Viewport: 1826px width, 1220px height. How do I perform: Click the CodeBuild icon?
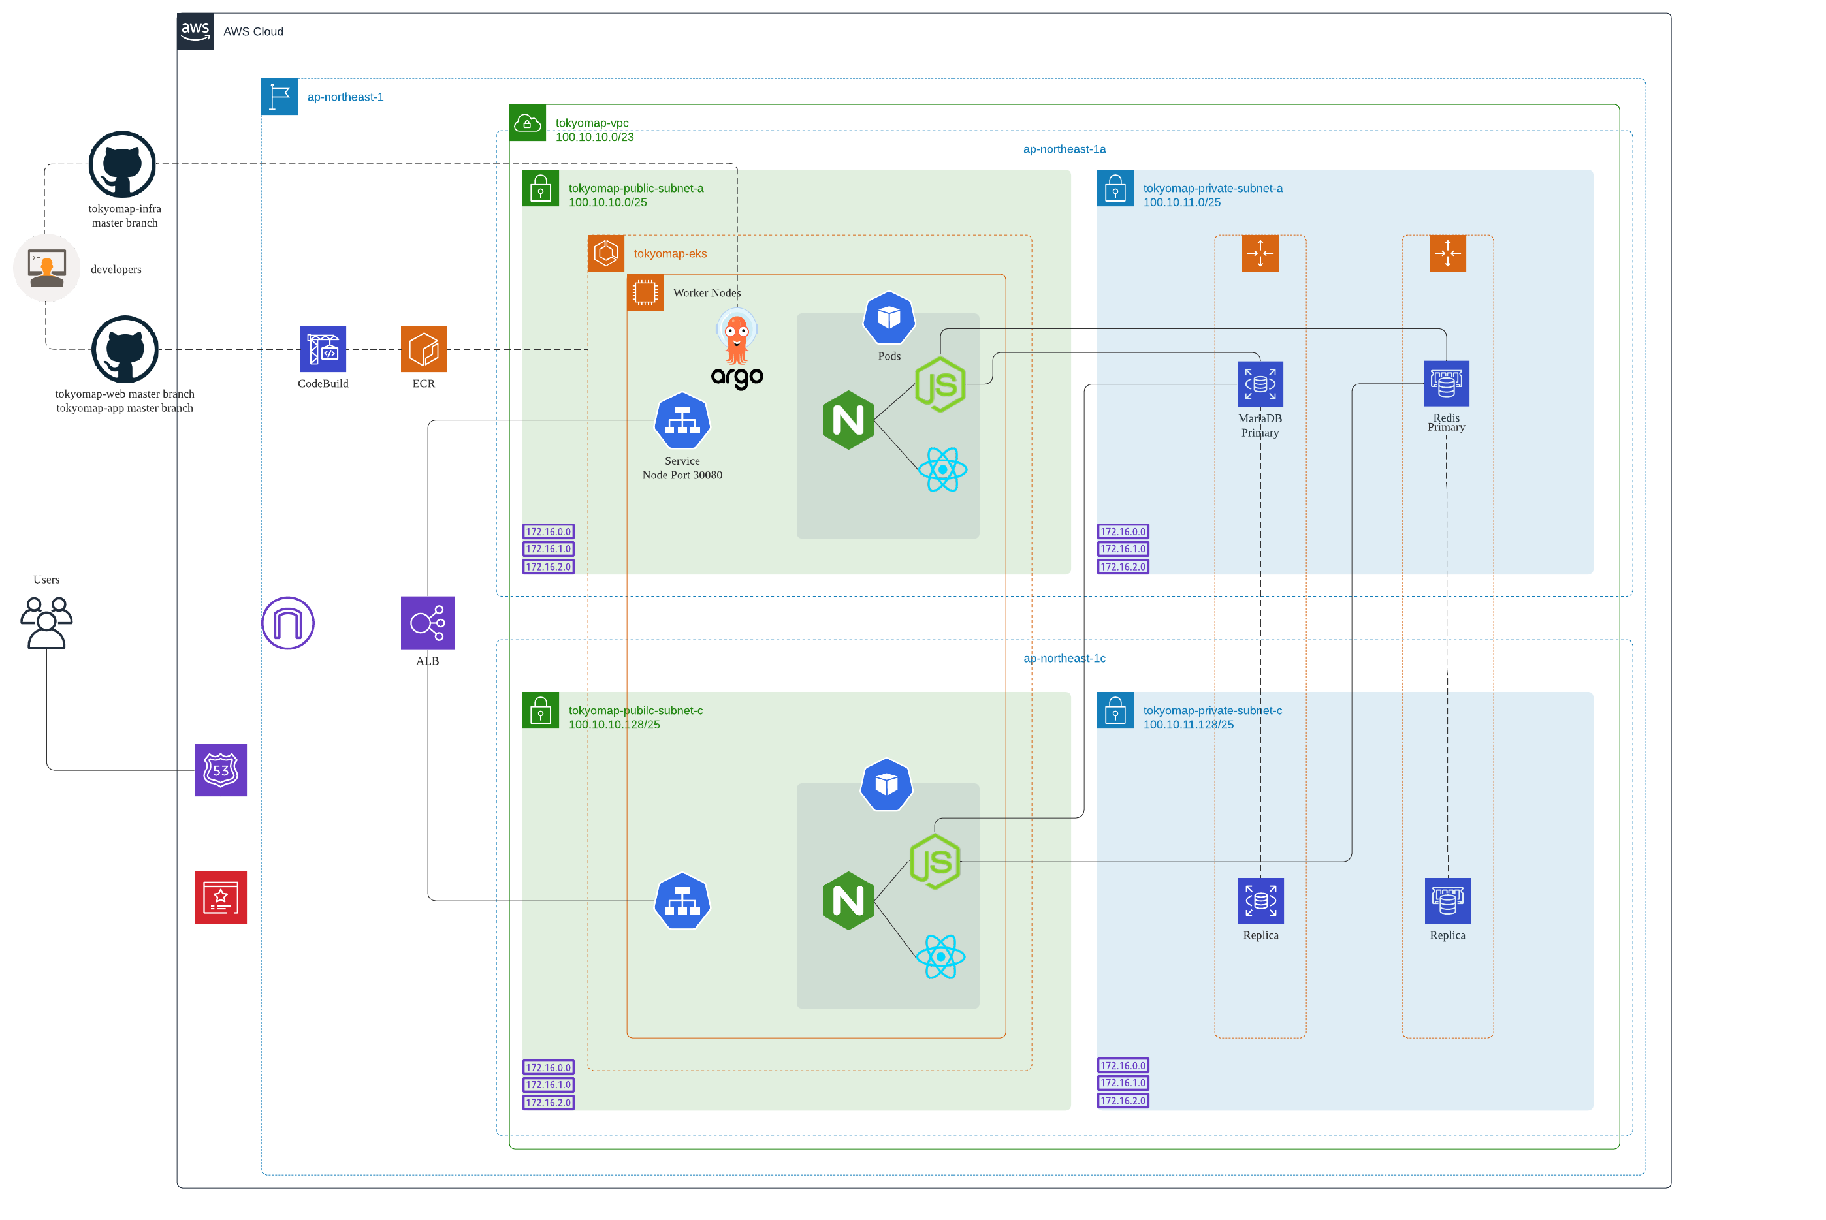coord(323,349)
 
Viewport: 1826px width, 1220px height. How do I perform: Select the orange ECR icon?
coord(423,349)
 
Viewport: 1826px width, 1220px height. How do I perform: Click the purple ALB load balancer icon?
coord(427,623)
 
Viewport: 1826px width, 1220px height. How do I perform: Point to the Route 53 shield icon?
coord(220,770)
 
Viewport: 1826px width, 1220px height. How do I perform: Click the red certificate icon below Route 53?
coord(220,897)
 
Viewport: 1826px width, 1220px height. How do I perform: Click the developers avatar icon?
coord(47,268)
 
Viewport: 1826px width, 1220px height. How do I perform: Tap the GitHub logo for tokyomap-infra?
coord(122,164)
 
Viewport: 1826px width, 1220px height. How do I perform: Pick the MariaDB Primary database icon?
coord(1260,384)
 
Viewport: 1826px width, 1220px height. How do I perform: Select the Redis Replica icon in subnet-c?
coord(1447,900)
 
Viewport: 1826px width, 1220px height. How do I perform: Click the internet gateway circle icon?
coord(287,623)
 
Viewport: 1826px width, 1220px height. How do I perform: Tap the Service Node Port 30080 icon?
coord(682,420)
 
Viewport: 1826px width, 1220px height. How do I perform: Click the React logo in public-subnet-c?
coord(940,956)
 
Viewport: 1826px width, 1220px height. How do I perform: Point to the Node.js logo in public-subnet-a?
coord(940,384)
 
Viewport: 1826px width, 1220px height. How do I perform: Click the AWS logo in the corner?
coord(195,31)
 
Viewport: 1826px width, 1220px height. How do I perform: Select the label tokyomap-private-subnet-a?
coord(1212,188)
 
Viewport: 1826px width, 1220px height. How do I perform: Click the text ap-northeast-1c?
coord(1064,658)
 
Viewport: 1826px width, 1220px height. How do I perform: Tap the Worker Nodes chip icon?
coord(645,292)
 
